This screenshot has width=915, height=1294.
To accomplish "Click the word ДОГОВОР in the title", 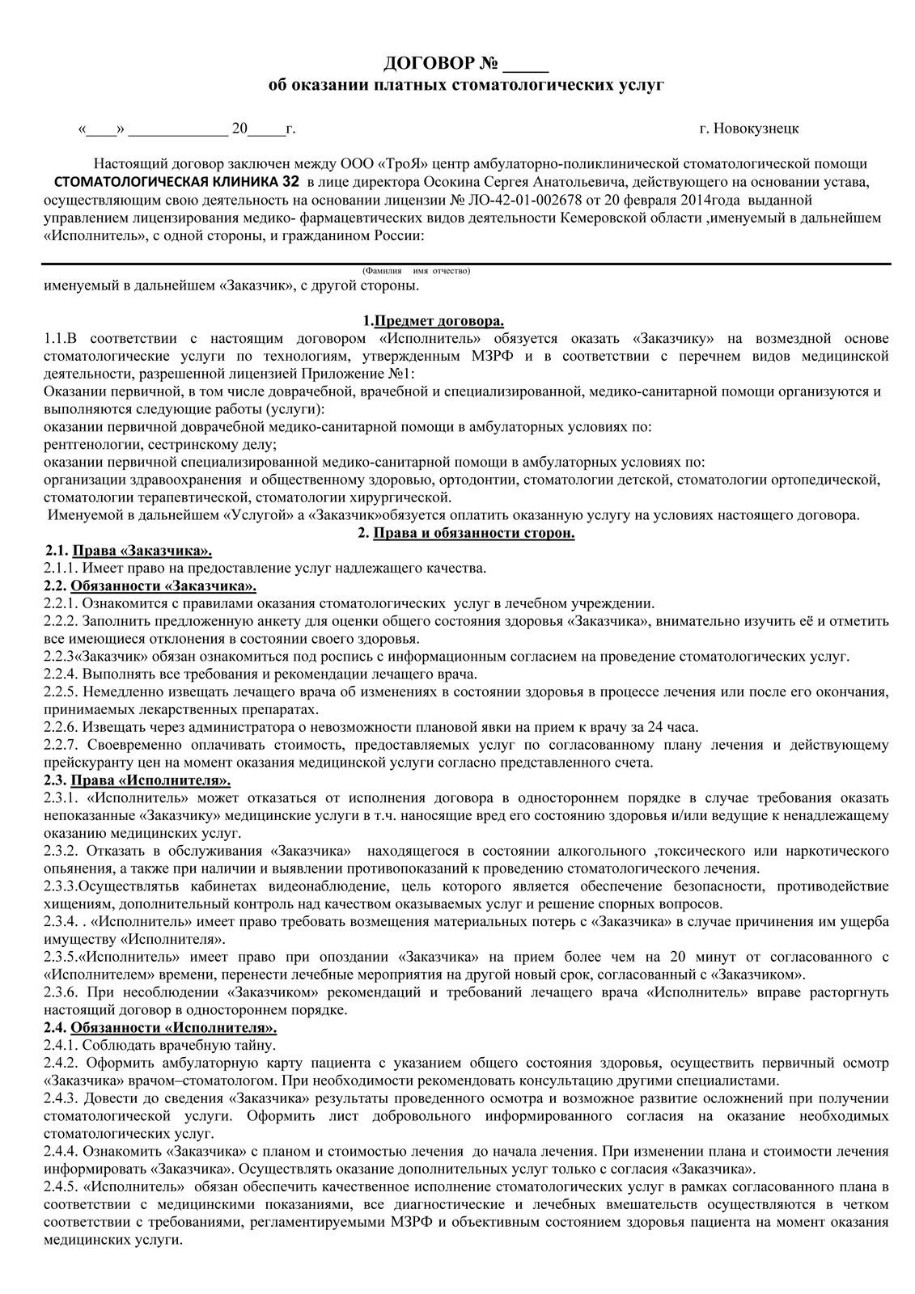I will [x=428, y=62].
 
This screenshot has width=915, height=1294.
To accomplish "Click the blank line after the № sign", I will [x=531, y=64].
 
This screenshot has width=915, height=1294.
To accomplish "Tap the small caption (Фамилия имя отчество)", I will [x=416, y=270].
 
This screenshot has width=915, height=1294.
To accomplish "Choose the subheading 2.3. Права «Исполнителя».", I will [x=137, y=780].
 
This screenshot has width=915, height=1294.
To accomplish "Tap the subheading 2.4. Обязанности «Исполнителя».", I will [x=160, y=1028].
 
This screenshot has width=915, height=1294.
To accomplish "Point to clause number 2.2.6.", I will [x=60, y=727].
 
